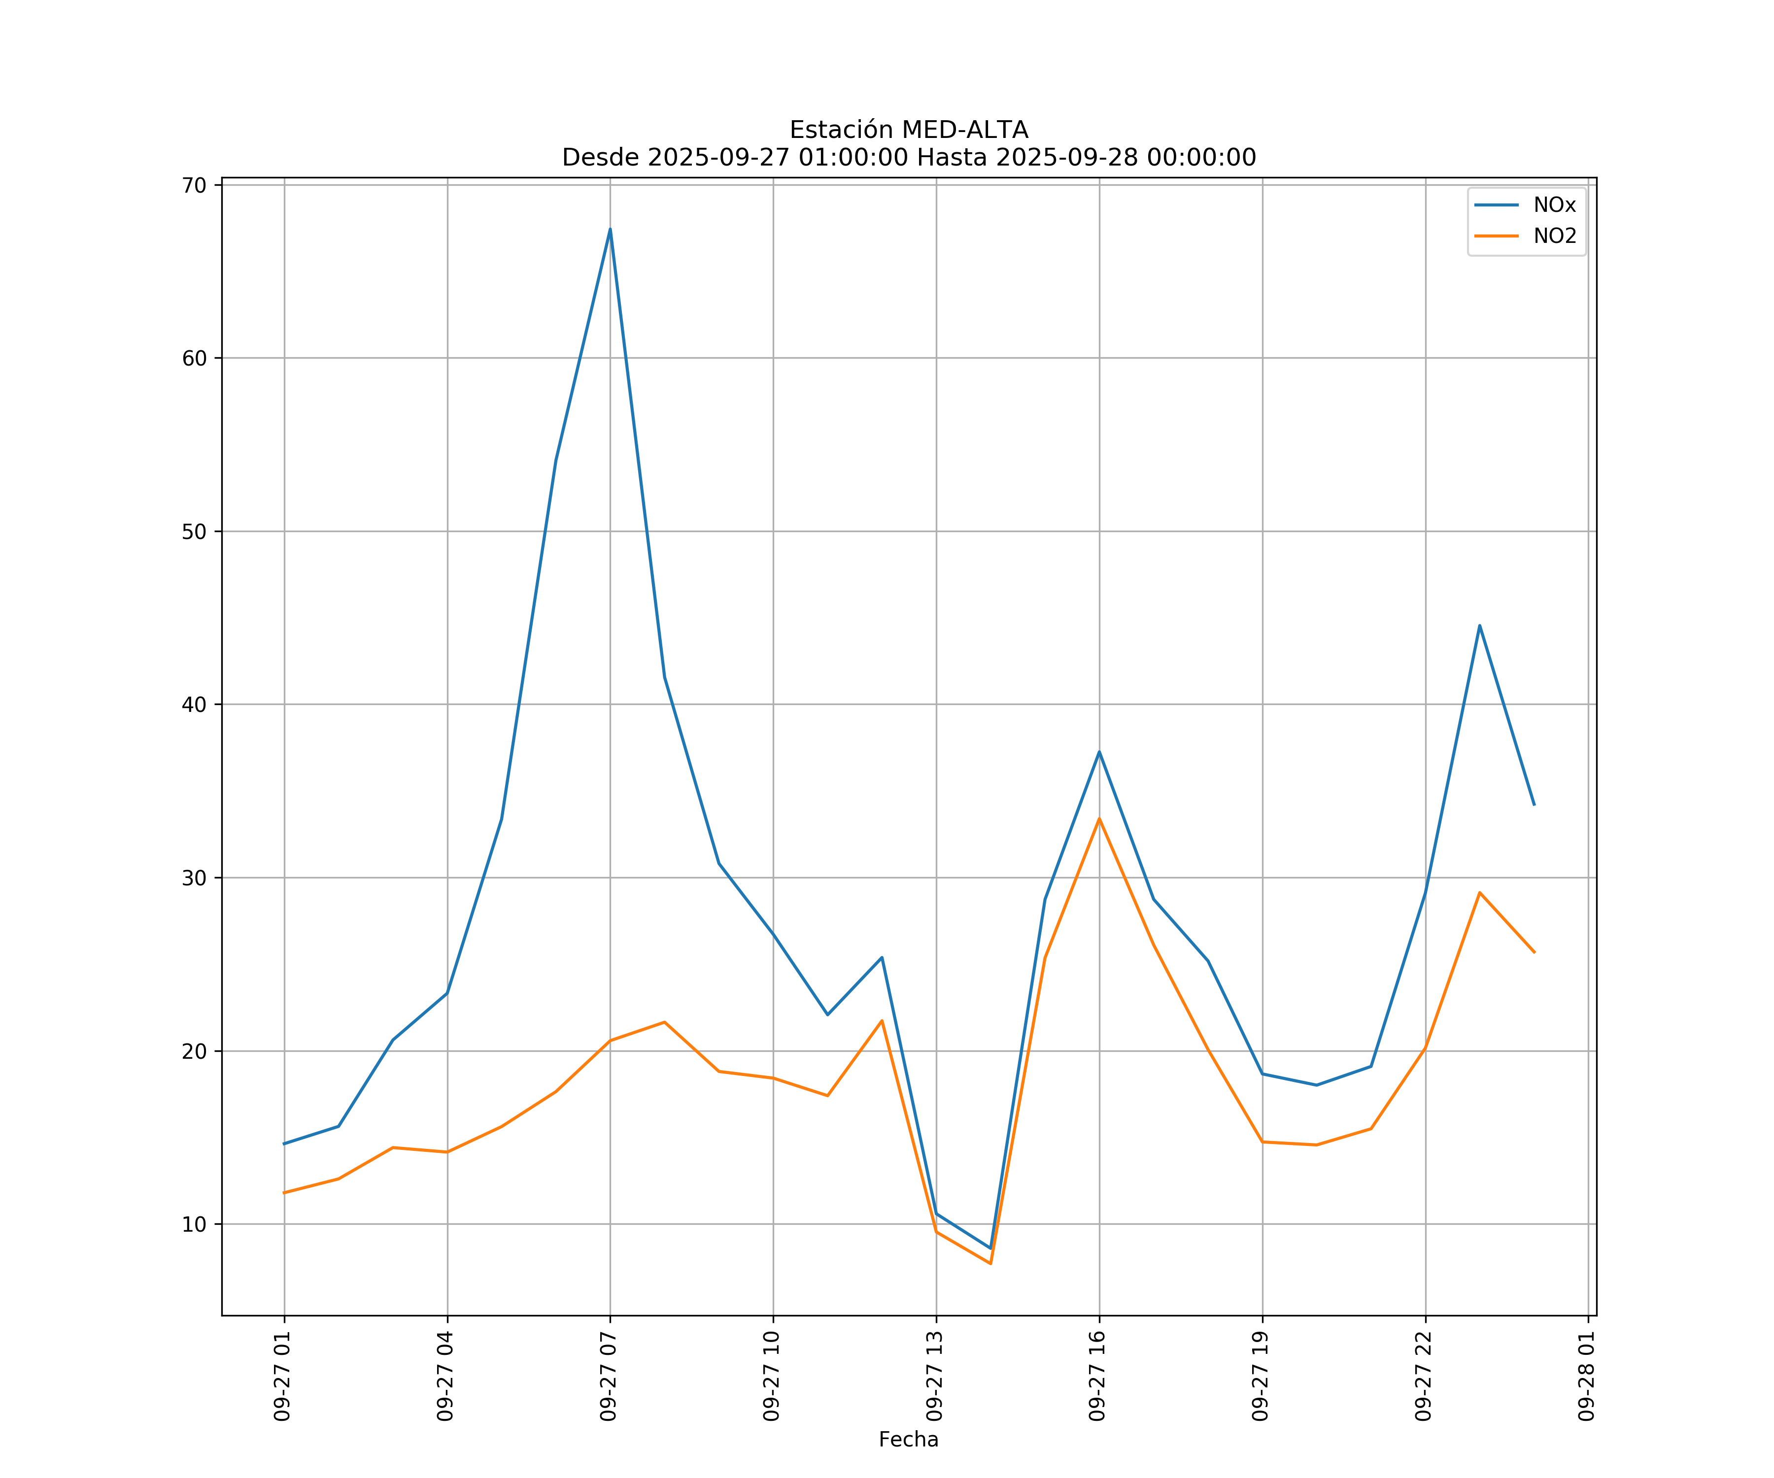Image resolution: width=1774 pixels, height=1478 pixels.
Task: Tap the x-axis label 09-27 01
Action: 283,1376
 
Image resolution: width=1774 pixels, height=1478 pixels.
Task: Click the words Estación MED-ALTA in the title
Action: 908,130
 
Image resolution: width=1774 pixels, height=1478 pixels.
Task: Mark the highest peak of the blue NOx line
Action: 610,229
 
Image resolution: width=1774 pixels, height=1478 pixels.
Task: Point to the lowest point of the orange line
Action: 990,1264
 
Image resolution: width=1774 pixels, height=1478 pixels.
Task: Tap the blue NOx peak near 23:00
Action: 1479,625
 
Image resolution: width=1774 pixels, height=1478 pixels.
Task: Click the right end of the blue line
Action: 1534,805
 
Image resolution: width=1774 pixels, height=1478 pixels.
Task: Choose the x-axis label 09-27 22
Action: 1424,1376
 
